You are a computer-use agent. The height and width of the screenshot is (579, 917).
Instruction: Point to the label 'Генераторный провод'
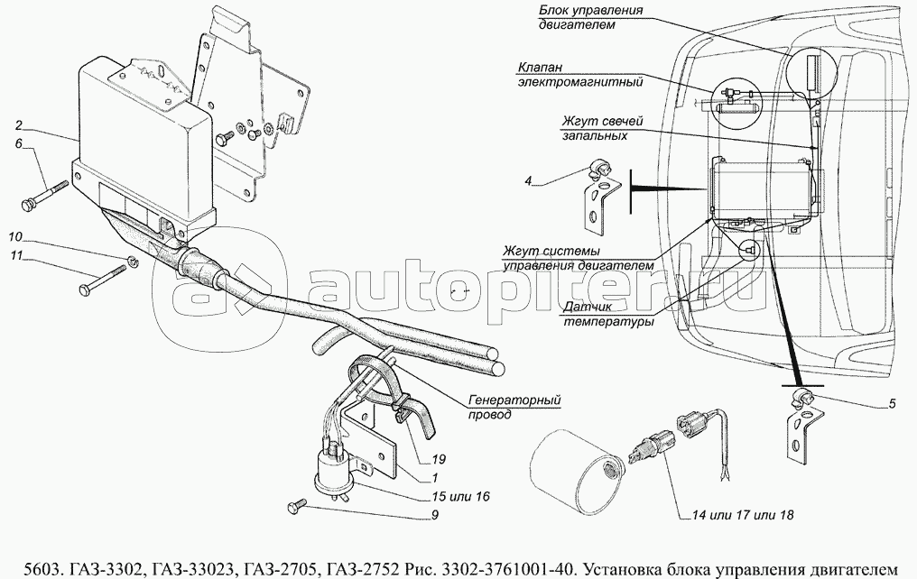click(x=511, y=407)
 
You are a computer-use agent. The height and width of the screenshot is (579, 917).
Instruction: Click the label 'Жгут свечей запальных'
click(x=591, y=129)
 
